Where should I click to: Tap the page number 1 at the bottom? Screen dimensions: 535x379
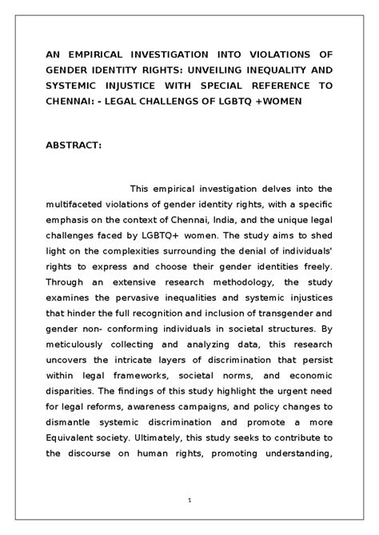(189, 501)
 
